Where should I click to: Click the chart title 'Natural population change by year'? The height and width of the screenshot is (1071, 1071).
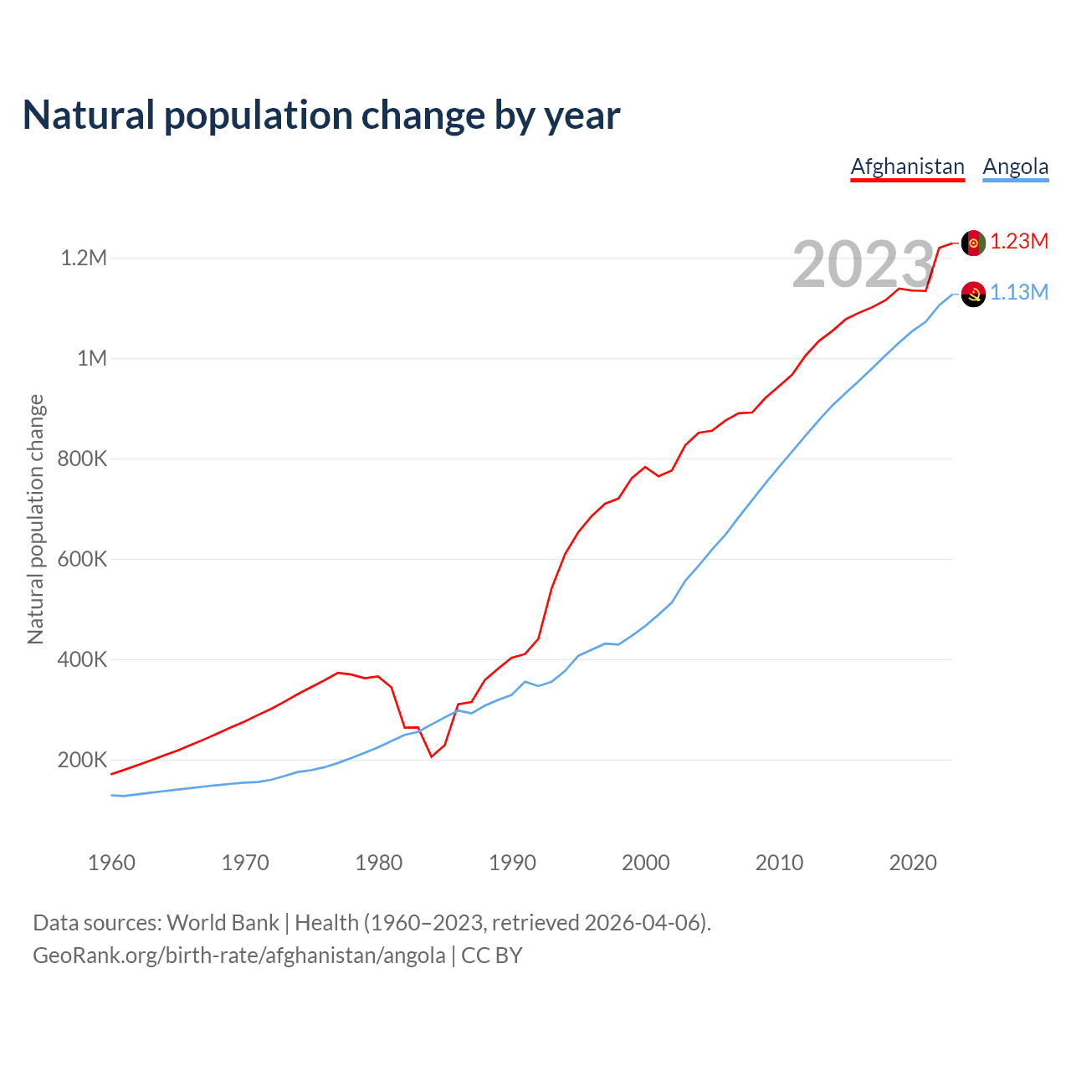321,115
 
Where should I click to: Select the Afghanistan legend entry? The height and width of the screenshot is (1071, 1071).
907,167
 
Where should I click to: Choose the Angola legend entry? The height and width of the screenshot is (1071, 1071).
1015,167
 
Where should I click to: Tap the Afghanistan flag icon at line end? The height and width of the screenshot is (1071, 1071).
973,243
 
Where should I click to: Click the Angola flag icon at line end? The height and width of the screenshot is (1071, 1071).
973,294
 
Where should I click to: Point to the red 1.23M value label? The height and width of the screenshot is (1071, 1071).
1019,242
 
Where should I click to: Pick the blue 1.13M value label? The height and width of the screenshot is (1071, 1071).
1019,293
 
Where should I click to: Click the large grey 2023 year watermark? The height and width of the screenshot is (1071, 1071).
863,264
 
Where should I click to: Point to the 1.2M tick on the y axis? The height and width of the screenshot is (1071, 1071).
84,258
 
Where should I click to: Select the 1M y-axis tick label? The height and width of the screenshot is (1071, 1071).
92,358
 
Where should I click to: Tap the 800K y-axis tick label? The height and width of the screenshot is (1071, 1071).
83,459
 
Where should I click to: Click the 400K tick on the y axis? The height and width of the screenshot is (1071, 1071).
83,659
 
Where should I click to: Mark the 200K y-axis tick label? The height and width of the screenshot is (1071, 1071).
83,760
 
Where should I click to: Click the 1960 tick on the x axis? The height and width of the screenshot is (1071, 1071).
111,863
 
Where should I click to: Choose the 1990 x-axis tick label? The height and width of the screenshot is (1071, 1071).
512,863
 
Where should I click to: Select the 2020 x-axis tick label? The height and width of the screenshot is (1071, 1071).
913,863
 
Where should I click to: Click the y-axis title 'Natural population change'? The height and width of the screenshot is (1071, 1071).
35,519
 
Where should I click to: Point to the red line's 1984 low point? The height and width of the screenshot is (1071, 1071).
432,756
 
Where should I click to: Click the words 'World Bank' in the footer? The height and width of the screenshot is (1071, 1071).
223,923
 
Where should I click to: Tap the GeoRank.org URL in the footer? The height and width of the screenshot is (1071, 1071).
239,956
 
